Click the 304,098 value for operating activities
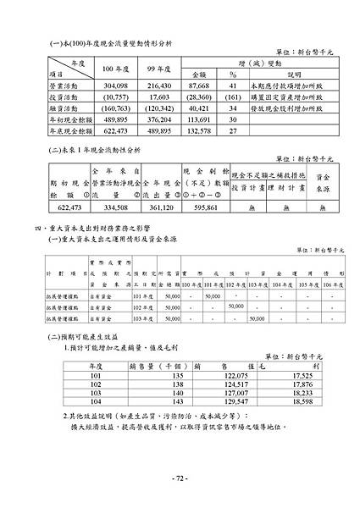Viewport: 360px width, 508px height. pyautogui.click(x=116, y=86)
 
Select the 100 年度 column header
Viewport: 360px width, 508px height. pyautogui.click(x=115, y=69)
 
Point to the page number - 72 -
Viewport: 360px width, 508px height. pyautogui.click(x=180, y=478)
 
